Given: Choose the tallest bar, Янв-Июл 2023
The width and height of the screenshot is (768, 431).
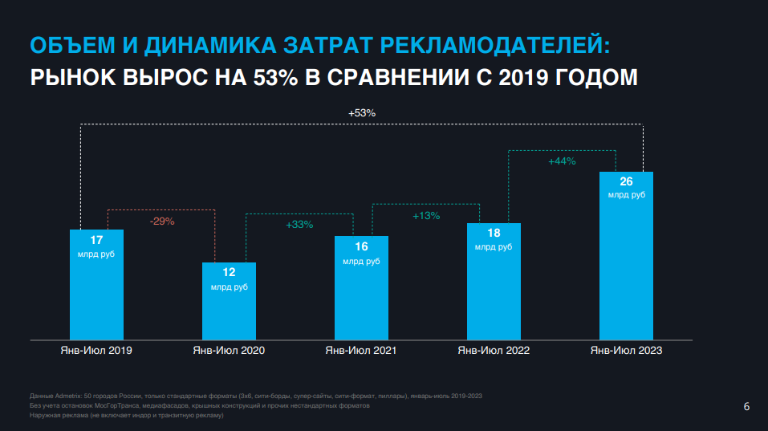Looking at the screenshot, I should [x=626, y=265].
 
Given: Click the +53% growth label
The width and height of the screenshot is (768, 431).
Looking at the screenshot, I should [x=362, y=113].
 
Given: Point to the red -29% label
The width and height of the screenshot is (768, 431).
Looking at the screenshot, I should [x=162, y=221].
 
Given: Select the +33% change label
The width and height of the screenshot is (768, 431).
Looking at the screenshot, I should [x=299, y=225].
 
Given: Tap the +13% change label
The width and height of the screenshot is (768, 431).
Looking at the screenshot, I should [x=426, y=215].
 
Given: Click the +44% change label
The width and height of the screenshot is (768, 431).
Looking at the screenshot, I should [x=562, y=161].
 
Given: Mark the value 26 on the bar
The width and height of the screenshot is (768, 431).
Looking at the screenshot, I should [x=626, y=181].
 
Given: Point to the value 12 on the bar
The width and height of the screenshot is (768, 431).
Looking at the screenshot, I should [x=229, y=273].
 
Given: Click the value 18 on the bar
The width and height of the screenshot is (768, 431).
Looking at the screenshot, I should [x=493, y=234].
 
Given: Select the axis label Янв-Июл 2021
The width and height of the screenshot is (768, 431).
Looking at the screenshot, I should [x=360, y=351].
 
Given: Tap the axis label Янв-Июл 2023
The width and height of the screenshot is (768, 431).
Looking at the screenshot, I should [x=626, y=351].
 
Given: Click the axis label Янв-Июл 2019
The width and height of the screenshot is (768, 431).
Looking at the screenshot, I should [x=96, y=351].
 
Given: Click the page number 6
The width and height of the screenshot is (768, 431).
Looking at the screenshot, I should [x=746, y=408].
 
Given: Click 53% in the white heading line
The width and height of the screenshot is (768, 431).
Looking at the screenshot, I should [x=275, y=78].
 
